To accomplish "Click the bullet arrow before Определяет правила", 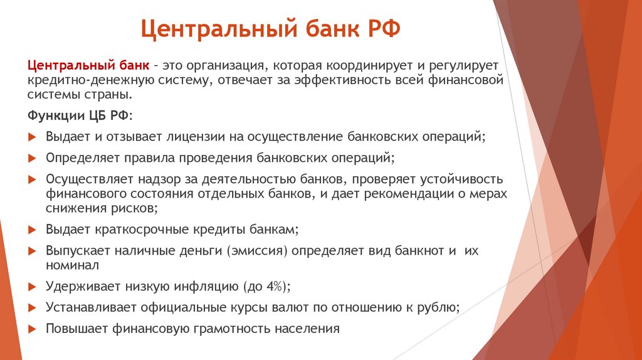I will coord(33,157).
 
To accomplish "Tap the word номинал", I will coord(72,265).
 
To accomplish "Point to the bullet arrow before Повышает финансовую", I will coord(33,329).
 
